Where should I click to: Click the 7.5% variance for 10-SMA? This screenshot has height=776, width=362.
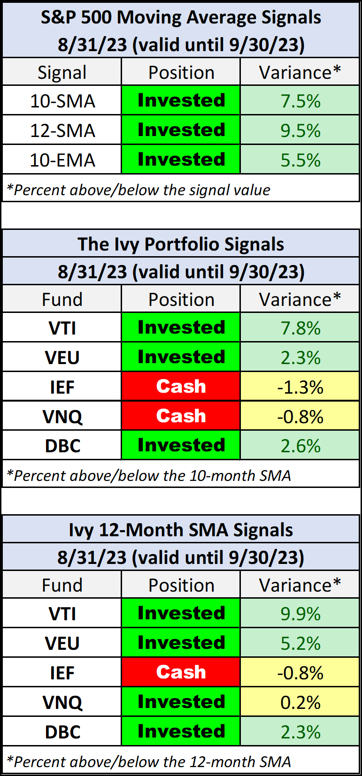(300, 101)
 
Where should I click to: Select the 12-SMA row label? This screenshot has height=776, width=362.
(62, 130)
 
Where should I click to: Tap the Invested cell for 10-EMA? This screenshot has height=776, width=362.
(181, 160)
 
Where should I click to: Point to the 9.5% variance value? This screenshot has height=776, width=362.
(300, 130)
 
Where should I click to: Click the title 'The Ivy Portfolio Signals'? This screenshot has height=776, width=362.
(181, 244)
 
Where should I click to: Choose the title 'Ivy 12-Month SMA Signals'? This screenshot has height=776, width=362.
(181, 530)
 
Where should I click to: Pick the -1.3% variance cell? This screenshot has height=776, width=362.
(300, 387)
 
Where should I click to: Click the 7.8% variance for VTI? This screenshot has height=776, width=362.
(300, 328)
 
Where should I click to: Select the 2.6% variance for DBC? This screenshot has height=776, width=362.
(300, 446)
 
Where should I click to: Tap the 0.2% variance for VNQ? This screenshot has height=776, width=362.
(300, 702)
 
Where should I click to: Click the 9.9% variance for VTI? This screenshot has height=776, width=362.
(300, 614)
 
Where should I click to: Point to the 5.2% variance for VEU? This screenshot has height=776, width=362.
(300, 643)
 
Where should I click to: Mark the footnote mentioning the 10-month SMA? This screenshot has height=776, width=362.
(149, 475)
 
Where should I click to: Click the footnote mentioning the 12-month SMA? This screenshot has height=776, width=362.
(149, 761)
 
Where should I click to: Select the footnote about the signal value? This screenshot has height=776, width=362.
(139, 190)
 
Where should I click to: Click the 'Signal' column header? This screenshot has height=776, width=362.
(62, 73)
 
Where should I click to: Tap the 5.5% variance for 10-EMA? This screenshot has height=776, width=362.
(300, 160)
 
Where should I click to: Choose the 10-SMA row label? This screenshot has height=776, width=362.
(62, 101)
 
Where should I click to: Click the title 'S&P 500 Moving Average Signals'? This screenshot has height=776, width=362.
(181, 17)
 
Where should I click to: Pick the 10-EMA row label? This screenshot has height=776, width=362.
(62, 160)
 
